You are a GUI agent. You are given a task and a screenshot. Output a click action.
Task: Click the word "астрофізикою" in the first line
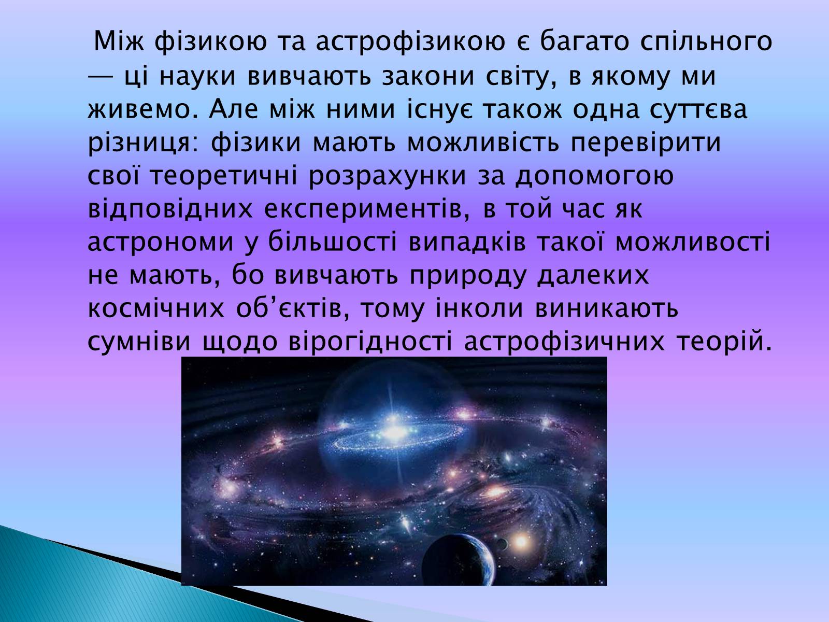click(410, 43)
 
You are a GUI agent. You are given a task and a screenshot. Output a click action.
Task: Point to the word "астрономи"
click(161, 243)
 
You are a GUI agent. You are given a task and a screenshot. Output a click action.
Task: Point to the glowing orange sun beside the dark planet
click(520, 542)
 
